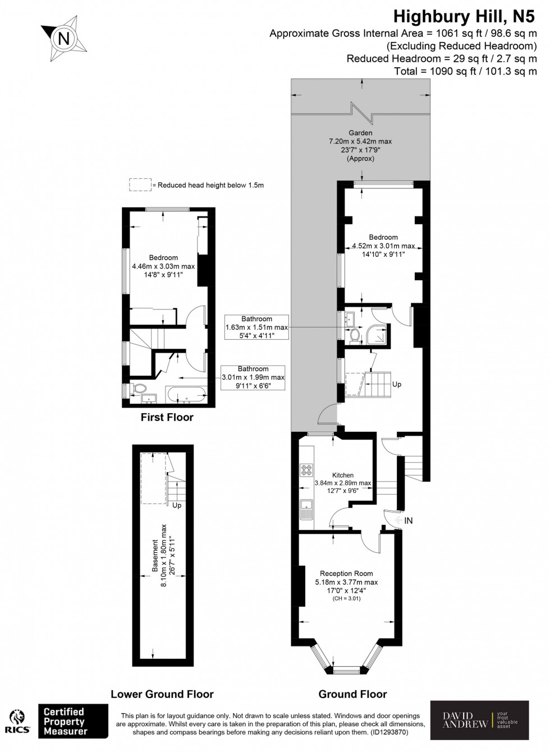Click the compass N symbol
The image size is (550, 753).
64,38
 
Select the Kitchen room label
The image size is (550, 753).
342,475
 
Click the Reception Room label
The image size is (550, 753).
346,574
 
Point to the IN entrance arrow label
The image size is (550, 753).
408,521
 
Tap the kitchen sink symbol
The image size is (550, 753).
306,509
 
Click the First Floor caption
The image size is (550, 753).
167,417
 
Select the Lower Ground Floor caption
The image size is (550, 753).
162,694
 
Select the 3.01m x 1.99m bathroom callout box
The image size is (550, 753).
253,377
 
